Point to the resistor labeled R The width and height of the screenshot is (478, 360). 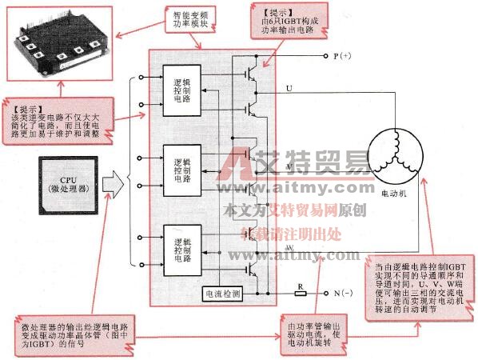(301, 293)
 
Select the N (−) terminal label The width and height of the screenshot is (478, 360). (340, 294)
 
